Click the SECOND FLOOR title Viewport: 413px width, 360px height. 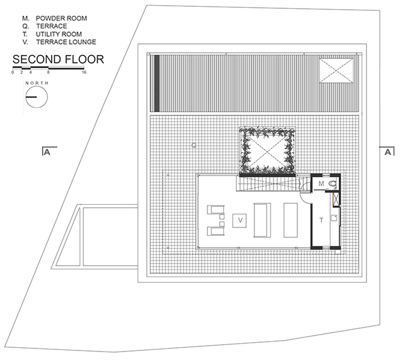58,59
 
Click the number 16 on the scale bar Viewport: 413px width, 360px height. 84,72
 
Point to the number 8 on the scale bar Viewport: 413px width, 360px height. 48,72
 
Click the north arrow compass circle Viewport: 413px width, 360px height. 36,97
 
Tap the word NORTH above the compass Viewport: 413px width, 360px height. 37,83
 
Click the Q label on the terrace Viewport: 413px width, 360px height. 194,145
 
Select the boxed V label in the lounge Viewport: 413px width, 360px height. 240,220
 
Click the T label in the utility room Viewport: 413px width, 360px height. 321,220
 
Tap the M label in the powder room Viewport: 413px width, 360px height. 321,183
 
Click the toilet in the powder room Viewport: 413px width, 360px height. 332,184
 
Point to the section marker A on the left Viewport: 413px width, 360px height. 47,152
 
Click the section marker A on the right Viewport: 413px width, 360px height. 388,152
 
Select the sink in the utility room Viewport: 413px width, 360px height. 334,218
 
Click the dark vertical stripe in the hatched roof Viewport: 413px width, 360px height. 157,83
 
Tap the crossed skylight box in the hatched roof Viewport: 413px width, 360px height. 336,71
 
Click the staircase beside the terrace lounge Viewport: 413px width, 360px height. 273,183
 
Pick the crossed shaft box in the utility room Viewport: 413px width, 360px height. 336,199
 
